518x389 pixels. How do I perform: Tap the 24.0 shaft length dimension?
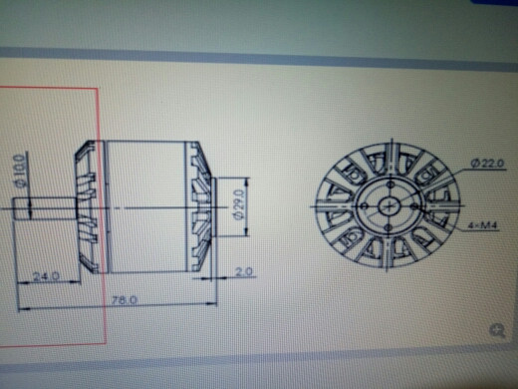pos(46,275)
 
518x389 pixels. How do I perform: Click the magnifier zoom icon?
pos(496,330)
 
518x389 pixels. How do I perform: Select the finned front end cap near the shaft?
pos(90,205)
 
